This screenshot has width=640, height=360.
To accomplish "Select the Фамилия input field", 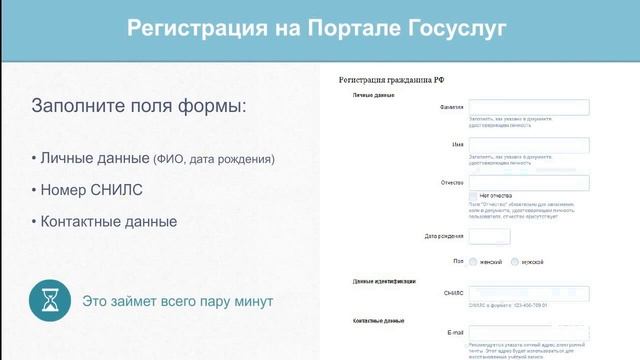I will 528,108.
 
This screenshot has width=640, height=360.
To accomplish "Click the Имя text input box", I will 528,146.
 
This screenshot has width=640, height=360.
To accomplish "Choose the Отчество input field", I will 528,183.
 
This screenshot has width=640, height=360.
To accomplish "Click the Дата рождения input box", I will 489,237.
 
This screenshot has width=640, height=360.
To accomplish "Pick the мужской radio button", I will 515,262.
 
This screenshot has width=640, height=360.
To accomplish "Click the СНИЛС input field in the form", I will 528,294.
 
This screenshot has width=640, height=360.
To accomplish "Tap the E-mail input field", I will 528,332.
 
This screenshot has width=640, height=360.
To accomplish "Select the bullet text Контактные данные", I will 108,221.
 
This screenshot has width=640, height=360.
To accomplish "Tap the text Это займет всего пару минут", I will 177,300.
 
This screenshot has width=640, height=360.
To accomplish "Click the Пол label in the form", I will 458,262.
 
